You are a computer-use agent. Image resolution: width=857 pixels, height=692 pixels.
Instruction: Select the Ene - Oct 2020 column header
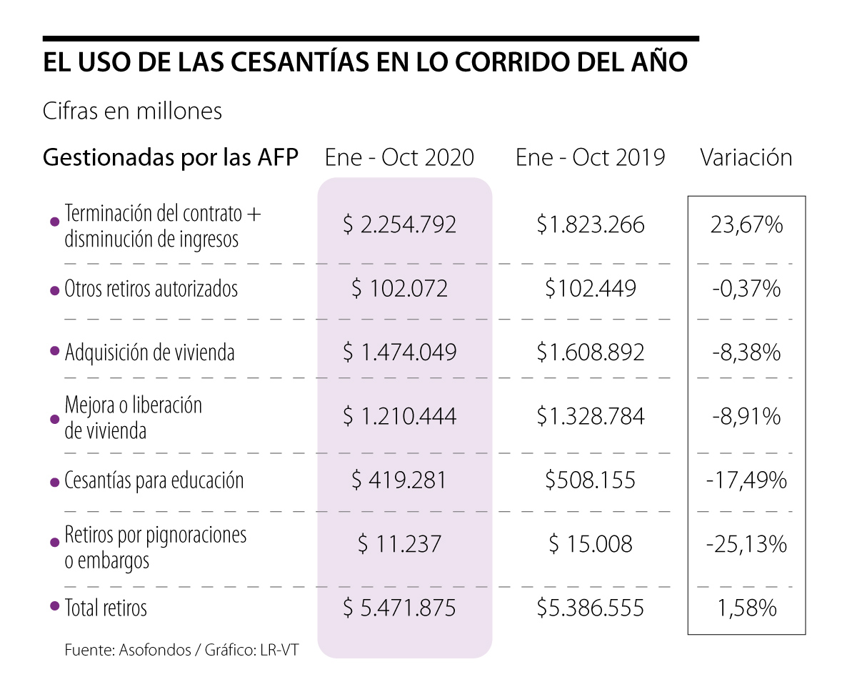[x=399, y=157]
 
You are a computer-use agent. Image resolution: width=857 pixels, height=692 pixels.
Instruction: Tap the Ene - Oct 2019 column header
[x=591, y=157]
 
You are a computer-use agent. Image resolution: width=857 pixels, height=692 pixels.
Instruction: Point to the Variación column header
[x=746, y=157]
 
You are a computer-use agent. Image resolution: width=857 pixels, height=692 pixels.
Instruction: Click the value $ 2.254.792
[x=399, y=225]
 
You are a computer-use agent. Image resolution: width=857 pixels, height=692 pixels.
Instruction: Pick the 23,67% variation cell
[x=746, y=225]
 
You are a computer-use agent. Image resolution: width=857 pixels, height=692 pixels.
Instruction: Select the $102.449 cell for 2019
[x=591, y=289]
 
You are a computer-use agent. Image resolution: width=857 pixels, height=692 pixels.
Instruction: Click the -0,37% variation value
[x=746, y=289]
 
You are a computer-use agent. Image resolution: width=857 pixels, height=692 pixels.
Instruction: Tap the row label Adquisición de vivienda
[x=149, y=352]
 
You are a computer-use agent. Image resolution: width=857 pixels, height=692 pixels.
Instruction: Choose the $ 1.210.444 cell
[x=399, y=416]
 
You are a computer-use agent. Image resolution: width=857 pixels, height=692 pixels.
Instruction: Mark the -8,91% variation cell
[x=746, y=416]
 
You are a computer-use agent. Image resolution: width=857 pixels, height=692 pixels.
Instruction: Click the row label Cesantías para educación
[x=154, y=480]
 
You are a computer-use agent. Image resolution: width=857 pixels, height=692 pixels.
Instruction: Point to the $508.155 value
[x=591, y=480]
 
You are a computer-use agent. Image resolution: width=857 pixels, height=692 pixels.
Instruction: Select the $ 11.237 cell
[x=399, y=544]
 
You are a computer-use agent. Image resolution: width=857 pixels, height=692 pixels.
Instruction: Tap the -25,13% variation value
[x=746, y=544]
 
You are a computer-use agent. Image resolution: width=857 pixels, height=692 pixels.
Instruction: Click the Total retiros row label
[x=106, y=608]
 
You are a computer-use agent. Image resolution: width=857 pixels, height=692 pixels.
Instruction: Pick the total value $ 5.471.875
[x=399, y=608]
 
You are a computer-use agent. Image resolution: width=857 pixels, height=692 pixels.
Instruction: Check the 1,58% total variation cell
[x=746, y=608]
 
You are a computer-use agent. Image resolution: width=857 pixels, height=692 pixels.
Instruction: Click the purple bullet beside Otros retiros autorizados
[x=54, y=290]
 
